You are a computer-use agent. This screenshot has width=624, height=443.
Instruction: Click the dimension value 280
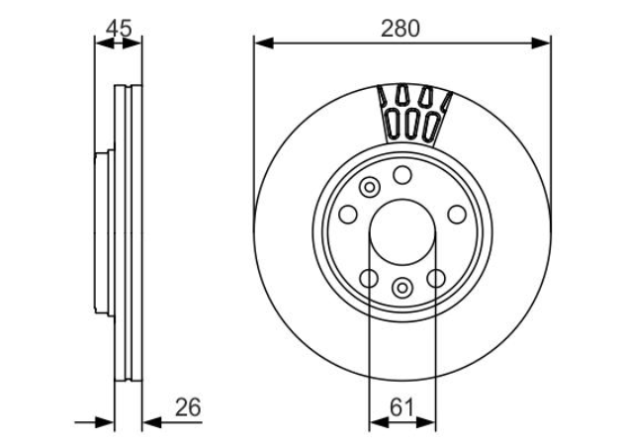pyautogui.click(x=400, y=29)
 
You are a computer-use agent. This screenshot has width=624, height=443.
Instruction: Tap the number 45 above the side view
pyautogui.click(x=119, y=29)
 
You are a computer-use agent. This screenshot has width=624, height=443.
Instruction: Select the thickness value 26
pyautogui.click(x=188, y=407)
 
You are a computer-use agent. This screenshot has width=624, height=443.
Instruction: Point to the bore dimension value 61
pyautogui.click(x=401, y=407)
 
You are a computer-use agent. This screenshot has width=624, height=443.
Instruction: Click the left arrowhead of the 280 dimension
pyautogui.click(x=264, y=43)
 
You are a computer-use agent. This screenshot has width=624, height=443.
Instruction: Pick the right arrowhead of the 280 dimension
pyautogui.click(x=541, y=43)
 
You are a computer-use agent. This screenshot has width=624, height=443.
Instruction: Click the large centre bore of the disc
pyautogui.click(x=401, y=232)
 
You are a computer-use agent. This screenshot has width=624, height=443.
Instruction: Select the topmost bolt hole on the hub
pyautogui.click(x=401, y=175)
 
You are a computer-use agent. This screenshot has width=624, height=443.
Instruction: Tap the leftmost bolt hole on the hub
pyautogui.click(x=348, y=215)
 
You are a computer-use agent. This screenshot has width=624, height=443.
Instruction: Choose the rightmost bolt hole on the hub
pyautogui.click(x=457, y=215)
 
